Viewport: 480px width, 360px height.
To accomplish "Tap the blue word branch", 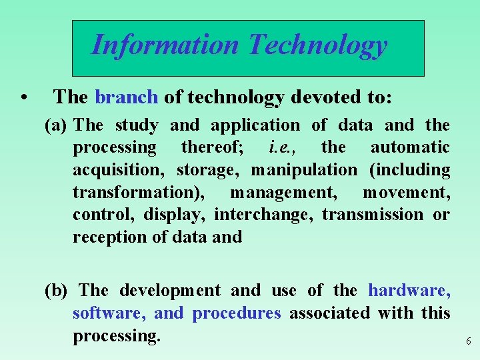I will [127, 97].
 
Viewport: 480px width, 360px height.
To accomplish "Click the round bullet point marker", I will [24, 98].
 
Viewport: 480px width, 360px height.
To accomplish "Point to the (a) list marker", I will [57, 125].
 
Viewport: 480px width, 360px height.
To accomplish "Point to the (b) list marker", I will [57, 291].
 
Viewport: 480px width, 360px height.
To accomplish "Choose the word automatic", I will [410, 147].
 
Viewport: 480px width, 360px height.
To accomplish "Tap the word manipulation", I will [304, 170].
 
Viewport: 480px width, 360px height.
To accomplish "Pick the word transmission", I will [373, 215].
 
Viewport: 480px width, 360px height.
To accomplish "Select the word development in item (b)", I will [169, 291].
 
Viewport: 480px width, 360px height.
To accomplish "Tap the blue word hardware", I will [409, 291].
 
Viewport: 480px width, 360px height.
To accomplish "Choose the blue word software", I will [109, 313].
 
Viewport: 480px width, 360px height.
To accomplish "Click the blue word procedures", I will [237, 313].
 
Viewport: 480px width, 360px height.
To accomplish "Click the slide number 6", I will [468, 341].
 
